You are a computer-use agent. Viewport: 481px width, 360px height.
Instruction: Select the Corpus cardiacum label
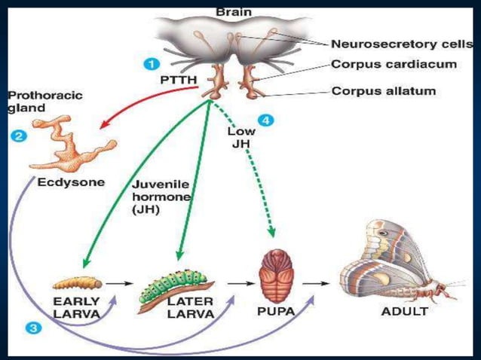(394, 65)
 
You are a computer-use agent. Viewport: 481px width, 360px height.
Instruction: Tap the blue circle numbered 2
(16, 136)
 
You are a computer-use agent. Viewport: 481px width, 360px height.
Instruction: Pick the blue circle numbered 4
(264, 120)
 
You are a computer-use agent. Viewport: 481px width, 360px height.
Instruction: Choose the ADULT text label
(404, 311)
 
